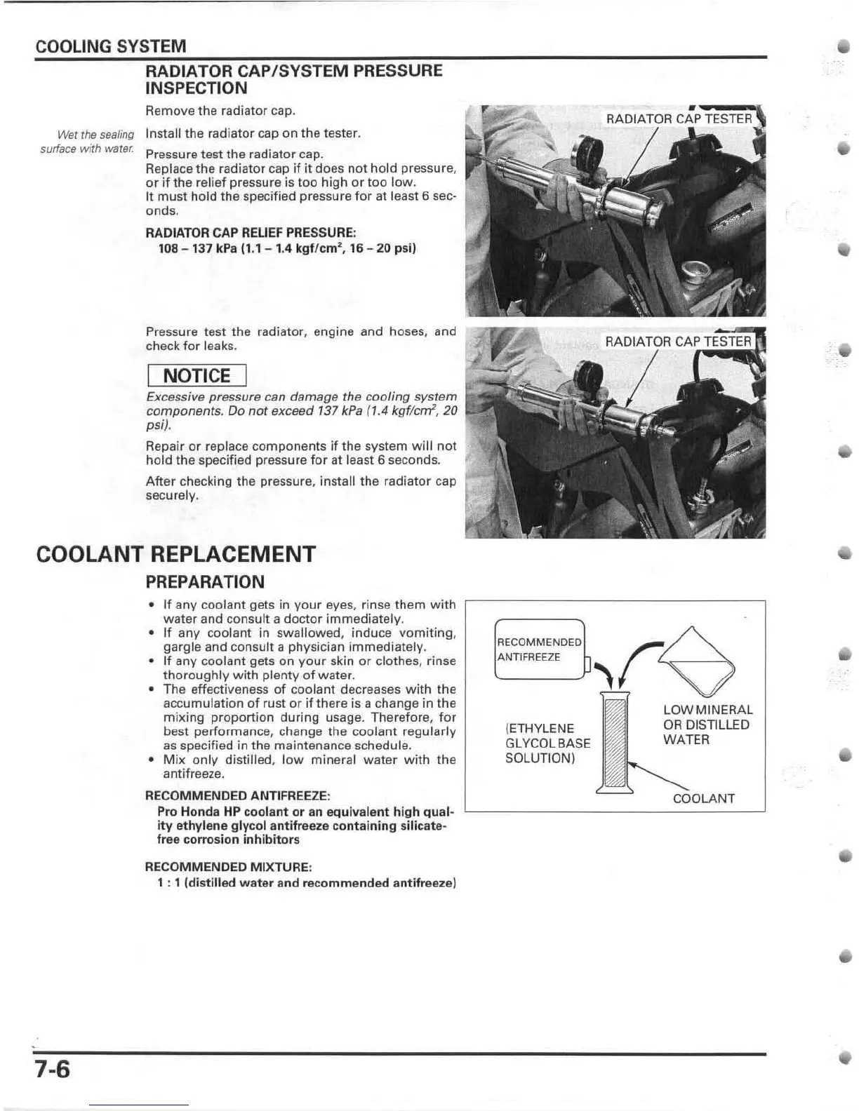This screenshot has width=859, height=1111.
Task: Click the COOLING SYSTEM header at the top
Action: (110, 47)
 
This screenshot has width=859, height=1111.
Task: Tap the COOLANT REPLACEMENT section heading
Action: (175, 554)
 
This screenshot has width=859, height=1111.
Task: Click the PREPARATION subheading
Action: (204, 582)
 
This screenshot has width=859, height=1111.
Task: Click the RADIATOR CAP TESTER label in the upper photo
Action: (678, 119)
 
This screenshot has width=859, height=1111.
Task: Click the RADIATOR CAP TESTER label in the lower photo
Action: (677, 342)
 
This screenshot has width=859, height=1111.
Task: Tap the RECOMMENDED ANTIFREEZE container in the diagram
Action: (540, 649)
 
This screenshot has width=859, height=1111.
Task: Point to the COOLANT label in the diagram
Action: (703, 798)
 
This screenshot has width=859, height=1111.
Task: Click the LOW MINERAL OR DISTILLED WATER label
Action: (707, 725)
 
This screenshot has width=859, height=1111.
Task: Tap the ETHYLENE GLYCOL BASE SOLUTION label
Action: (547, 743)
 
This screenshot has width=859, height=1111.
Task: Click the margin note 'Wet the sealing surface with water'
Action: (88, 141)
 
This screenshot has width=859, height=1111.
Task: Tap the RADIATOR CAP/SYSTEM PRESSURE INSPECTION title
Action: (293, 79)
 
